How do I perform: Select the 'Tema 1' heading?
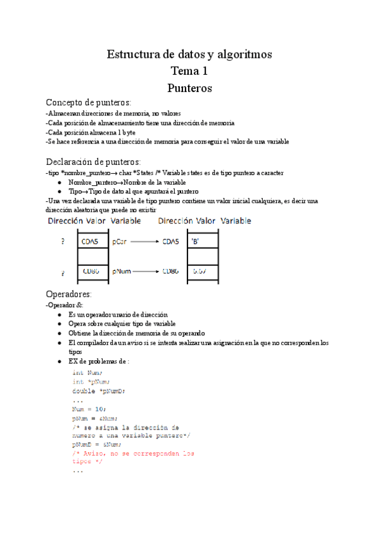(189, 71)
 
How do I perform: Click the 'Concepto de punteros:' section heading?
(89, 102)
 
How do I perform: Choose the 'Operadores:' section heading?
(69, 294)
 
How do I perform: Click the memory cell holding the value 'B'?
(203, 241)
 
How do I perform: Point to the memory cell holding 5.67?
(203, 272)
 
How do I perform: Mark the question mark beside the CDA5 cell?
(62, 242)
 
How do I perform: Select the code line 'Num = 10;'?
(90, 409)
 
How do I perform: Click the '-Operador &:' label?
(65, 305)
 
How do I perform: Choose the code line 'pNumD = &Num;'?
(96, 445)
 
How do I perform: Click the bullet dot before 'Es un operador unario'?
(59, 314)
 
